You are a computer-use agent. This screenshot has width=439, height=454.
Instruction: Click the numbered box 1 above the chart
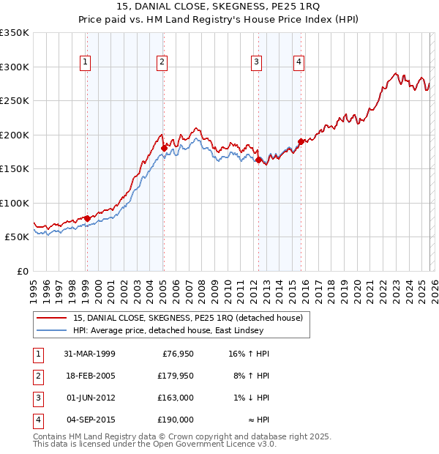point(86,63)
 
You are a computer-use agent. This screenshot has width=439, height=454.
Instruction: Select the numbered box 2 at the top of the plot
point(162,63)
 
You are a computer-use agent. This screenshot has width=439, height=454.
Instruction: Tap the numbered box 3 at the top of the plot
point(257,63)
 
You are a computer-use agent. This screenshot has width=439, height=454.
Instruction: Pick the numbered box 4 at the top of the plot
point(299,63)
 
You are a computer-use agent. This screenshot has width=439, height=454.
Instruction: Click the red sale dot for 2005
point(164,148)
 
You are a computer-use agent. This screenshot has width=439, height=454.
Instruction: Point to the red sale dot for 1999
point(87,218)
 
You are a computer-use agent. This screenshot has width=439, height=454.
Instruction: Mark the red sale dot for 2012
point(259,160)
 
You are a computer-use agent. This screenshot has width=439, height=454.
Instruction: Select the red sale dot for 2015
point(301,141)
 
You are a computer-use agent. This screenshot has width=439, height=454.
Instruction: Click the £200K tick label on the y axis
point(15,135)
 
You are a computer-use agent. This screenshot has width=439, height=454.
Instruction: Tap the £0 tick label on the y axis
point(23,271)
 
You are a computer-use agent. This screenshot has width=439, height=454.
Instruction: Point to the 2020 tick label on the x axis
point(357,289)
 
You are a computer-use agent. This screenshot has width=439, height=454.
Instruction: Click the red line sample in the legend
point(53,317)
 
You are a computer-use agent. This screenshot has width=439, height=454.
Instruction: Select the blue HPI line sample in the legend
point(53,331)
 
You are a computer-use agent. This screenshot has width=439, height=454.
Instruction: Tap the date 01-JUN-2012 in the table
point(91,398)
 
